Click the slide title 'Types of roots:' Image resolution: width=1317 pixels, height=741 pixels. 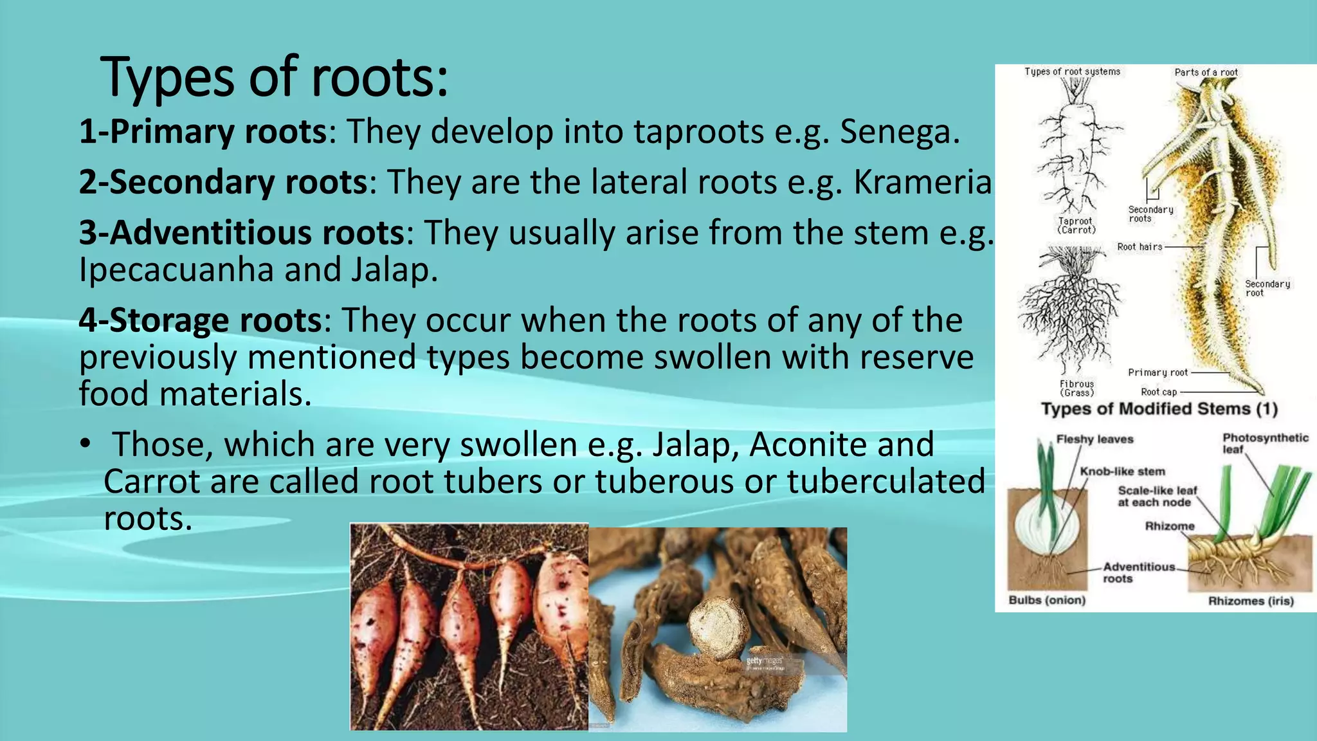[274, 77]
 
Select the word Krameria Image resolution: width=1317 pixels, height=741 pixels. [923, 181]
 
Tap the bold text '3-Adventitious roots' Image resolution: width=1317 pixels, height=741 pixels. [242, 232]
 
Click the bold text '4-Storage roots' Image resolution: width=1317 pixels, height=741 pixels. [200, 320]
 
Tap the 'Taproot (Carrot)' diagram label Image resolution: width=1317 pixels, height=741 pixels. [1076, 225]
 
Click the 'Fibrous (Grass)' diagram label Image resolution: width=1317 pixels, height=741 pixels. [1076, 388]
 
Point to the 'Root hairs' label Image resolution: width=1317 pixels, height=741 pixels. [1140, 246]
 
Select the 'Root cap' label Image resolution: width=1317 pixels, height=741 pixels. [1159, 392]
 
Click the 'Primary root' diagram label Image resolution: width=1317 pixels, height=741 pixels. [1158, 372]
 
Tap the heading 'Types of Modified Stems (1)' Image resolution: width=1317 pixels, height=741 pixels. [1159, 409]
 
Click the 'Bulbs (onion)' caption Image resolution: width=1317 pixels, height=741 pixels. [1047, 600]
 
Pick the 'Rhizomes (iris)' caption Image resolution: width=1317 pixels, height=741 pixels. [1250, 601]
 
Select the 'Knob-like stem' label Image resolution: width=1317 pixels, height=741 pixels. [1122, 471]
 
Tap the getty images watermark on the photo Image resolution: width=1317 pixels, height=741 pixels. [764, 661]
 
